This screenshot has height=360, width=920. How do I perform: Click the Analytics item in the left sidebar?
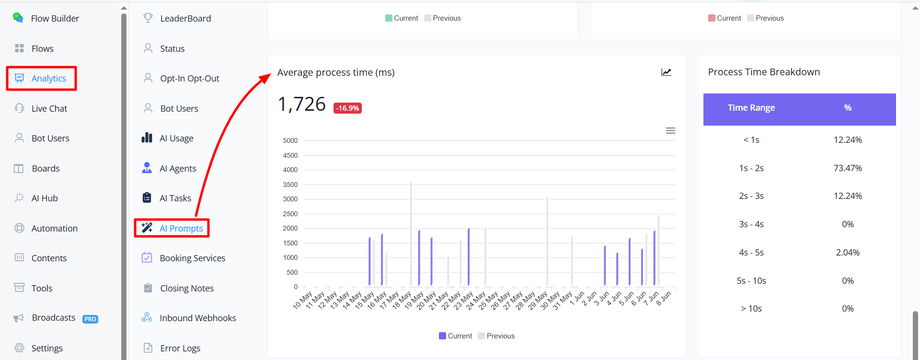[41, 79]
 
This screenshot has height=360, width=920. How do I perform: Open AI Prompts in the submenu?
[172, 228]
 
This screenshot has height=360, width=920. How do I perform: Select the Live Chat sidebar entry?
[41, 108]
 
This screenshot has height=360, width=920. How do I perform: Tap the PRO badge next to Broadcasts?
[90, 319]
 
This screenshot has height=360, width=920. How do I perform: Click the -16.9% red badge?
[347, 108]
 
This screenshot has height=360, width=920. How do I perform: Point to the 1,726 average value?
[302, 104]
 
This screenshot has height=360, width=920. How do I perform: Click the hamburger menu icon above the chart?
[670, 131]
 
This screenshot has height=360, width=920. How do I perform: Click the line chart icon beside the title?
[666, 72]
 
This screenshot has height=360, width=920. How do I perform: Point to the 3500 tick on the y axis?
[290, 185]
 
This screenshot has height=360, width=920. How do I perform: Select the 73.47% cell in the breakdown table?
[848, 168]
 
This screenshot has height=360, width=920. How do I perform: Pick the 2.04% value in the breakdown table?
[848, 253]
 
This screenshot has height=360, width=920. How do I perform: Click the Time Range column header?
[751, 108]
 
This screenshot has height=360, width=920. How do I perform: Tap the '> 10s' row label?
[751, 309]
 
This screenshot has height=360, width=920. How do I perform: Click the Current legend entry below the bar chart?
[455, 336]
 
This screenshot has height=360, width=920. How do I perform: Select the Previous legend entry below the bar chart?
[496, 336]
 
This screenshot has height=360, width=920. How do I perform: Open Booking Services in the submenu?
[184, 258]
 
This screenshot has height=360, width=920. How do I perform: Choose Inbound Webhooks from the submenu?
[189, 318]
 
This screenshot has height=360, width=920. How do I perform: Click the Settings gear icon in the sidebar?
[19, 348]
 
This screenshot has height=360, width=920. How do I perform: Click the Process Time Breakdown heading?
[764, 72]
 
